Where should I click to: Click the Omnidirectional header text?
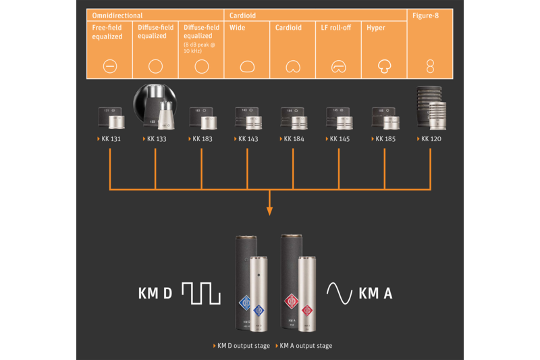pos(117,15)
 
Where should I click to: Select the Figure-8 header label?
pos(426,15)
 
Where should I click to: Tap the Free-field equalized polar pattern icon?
pos(110,66)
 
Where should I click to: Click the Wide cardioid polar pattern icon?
pos(247,67)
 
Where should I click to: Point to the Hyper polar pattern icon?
pos(385,66)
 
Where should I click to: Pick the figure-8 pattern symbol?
pos(430,66)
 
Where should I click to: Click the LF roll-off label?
pos(336,28)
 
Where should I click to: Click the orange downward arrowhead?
pos(269,211)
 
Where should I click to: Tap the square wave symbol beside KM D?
pos(201,294)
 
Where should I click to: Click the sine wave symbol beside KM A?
pos(340,292)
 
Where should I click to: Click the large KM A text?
pos(375,293)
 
